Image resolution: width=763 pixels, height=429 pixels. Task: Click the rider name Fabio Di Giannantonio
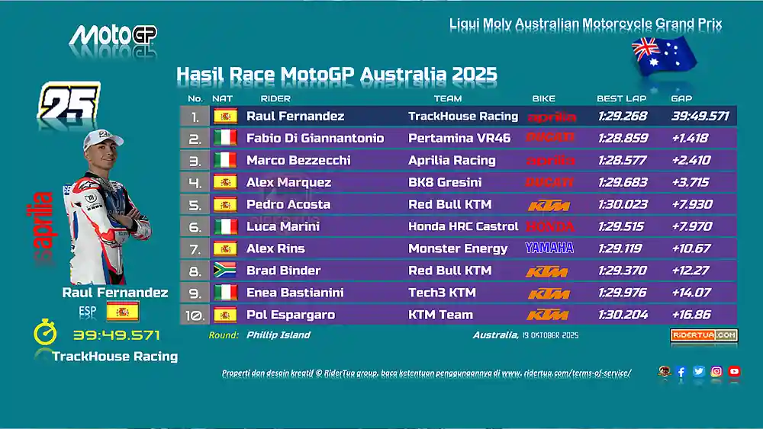(314, 139)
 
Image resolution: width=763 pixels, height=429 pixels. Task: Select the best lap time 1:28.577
(621, 161)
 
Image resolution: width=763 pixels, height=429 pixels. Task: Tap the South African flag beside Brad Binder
(225, 271)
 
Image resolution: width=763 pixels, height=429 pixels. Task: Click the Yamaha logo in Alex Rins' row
(549, 248)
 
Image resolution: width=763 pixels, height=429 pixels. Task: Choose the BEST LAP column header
(621, 98)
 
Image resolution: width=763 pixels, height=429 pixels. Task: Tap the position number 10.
(194, 315)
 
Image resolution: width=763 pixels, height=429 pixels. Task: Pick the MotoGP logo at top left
(113, 36)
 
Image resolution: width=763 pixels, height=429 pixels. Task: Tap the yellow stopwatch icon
(44, 334)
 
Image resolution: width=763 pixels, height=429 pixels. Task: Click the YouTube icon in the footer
(734, 372)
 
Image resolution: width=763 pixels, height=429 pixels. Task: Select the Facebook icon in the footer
(681, 372)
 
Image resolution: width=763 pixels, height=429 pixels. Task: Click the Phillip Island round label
(278, 335)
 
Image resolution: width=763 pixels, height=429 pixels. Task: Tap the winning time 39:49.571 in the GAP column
(700, 117)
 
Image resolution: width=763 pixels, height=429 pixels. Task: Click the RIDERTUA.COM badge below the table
(703, 335)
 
